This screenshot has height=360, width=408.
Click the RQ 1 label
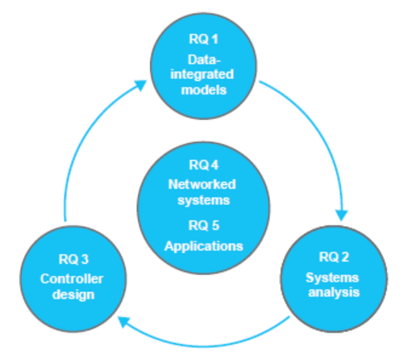point(203,39)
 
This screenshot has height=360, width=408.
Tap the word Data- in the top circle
point(204,60)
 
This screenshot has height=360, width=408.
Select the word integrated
point(202,75)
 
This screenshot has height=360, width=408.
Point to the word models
point(204,90)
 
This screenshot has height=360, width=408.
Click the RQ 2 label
point(334,257)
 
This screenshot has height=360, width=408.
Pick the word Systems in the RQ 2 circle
point(332,278)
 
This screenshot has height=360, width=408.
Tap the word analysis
point(334,292)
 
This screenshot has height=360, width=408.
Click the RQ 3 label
point(73,259)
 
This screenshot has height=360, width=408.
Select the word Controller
point(72,278)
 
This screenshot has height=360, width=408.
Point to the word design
point(73,295)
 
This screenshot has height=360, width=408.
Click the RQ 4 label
point(204,165)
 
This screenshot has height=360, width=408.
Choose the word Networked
point(202,184)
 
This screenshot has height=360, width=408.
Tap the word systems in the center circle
point(204,200)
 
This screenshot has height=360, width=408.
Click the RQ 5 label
point(204,225)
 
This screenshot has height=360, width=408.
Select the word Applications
point(204,246)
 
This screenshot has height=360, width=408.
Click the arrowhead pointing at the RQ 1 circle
point(140,85)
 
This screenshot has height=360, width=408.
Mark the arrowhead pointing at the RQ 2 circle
point(342,215)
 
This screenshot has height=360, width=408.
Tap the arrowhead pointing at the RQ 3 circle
point(123,321)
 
